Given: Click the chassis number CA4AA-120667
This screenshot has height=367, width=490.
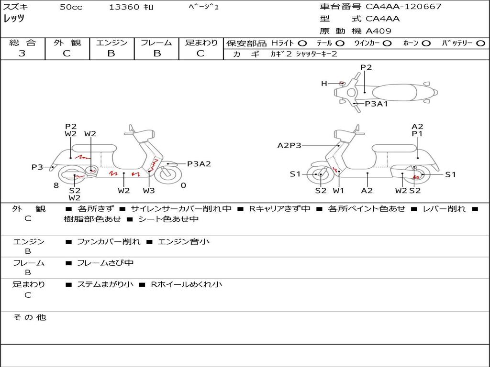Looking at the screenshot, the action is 403,7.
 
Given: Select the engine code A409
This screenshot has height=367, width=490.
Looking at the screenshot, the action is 379,31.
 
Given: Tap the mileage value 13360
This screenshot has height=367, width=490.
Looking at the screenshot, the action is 124,7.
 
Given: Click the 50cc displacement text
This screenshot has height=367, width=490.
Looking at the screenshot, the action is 71,7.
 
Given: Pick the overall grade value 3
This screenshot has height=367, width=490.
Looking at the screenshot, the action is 22,54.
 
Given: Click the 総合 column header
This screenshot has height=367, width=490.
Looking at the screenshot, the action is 22,43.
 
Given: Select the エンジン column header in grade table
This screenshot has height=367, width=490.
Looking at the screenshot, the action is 111,43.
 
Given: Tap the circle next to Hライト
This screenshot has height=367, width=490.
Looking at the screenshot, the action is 302,43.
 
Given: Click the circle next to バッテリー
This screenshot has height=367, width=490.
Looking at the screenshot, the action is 481,43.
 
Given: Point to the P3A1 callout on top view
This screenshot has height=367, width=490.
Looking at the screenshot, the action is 376,104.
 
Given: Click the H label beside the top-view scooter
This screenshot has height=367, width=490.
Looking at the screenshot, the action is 324,83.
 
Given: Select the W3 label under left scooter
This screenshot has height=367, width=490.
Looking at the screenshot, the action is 149,190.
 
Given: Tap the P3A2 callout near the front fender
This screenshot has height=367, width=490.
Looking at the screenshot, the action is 199,164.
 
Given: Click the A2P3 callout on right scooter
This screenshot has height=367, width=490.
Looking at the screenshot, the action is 290,145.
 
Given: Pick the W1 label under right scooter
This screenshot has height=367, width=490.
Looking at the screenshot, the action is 338,190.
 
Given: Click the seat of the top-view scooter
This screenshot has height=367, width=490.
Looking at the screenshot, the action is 394,92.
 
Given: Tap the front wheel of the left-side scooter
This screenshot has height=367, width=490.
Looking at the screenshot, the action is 168,175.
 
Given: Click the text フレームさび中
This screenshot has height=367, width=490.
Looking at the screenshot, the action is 105,263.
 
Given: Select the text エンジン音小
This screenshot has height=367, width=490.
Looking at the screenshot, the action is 184,241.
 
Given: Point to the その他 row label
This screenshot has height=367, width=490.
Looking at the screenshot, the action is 30,317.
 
